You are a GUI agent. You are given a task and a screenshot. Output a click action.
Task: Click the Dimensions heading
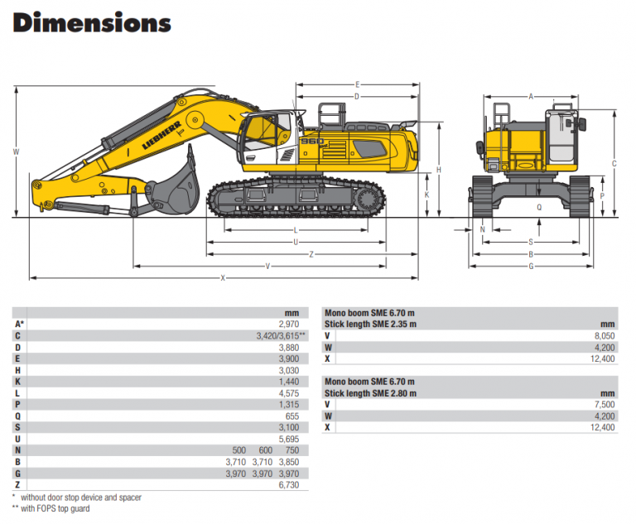click(x=92, y=23)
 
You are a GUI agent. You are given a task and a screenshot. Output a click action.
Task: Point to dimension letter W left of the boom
click(x=16, y=151)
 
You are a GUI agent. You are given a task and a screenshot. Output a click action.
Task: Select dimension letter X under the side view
click(x=223, y=278)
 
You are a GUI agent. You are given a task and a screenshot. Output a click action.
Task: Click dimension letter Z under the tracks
click(x=311, y=254)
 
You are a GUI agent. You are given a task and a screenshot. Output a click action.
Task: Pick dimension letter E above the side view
click(x=357, y=84)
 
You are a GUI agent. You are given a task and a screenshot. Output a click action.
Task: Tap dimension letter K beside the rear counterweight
click(x=426, y=195)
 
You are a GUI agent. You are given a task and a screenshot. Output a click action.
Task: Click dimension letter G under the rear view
click(x=531, y=266)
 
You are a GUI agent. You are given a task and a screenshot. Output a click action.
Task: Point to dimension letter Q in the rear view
click(x=539, y=208)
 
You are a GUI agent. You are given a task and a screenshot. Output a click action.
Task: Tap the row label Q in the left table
click(x=17, y=416)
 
